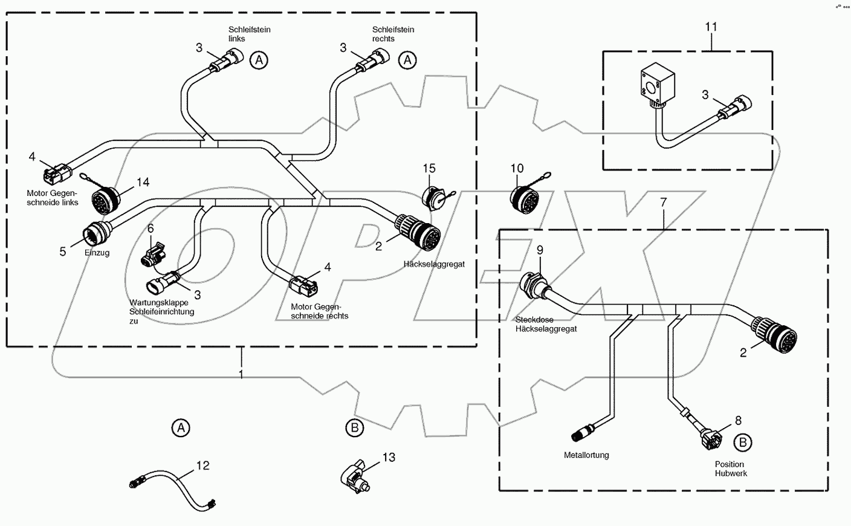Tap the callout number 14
point(143,182)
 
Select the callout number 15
point(429,168)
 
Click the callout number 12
point(202,466)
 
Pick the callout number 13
point(389,458)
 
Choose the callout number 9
point(540,249)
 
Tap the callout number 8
point(738,420)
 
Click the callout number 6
point(150,229)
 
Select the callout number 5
point(63,252)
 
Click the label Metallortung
point(586,455)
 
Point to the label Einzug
point(97,253)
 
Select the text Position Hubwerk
point(731,469)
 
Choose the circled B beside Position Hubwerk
point(743,443)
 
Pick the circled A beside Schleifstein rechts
point(409,60)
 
